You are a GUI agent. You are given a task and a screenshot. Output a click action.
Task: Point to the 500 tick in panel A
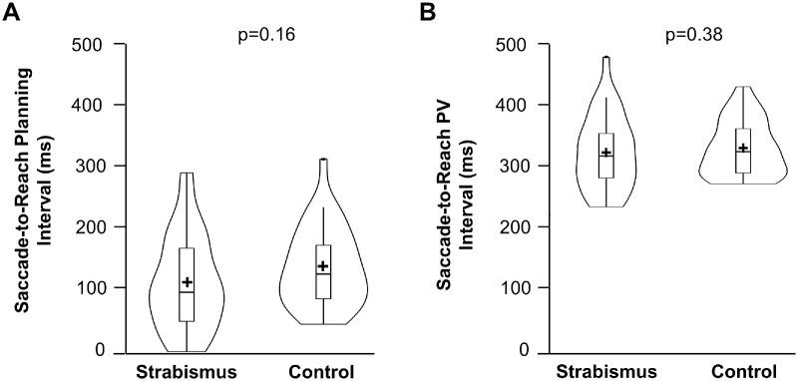click(x=89, y=44)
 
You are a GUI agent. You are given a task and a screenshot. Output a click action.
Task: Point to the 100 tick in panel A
click(x=89, y=288)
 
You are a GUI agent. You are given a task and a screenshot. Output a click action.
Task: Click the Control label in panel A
click(x=322, y=373)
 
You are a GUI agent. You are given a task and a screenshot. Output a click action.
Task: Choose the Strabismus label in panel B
click(x=602, y=373)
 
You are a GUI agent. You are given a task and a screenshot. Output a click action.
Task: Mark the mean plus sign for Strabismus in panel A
click(x=187, y=283)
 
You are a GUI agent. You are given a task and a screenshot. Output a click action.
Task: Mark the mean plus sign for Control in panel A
click(x=323, y=266)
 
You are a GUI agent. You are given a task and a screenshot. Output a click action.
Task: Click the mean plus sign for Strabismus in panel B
click(x=605, y=153)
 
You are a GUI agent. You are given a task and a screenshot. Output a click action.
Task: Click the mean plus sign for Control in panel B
click(x=742, y=148)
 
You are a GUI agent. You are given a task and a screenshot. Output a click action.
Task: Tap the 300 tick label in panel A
click(x=89, y=166)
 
